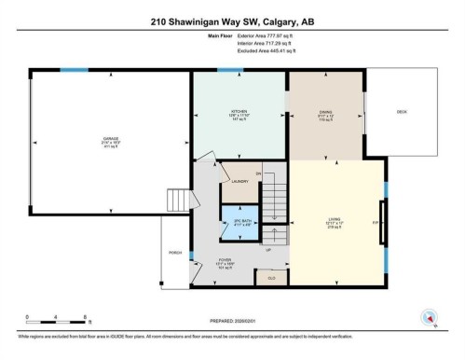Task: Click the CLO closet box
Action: point(272,277)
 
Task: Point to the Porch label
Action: point(174,252)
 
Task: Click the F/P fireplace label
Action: point(376,223)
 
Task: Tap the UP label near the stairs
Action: point(269,249)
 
